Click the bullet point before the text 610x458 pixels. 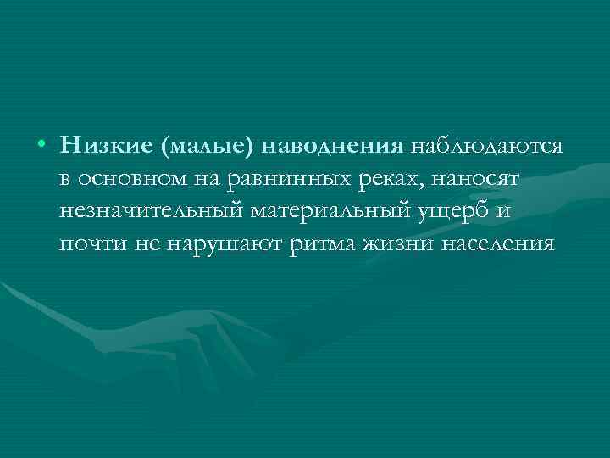tap(42, 146)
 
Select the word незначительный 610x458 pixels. tap(149, 212)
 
